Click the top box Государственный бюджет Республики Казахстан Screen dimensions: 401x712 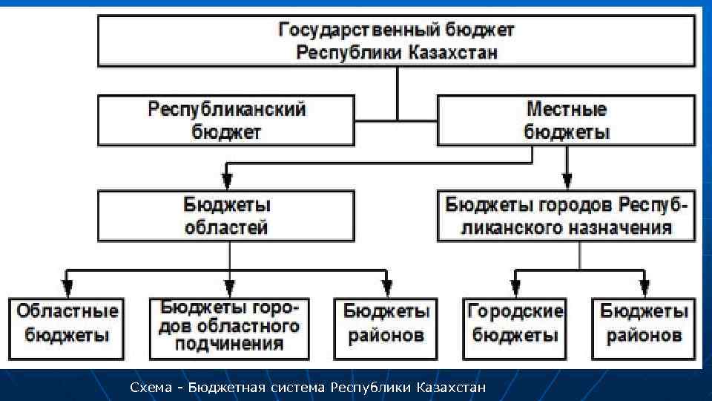click(x=397, y=42)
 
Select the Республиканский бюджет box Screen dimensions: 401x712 click(x=226, y=120)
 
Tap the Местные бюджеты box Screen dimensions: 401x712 click(x=567, y=120)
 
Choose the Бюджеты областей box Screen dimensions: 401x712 click(x=226, y=215)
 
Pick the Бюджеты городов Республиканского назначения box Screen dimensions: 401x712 click(x=567, y=215)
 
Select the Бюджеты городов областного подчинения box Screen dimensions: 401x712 click(x=229, y=326)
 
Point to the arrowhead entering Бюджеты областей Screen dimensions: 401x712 click(x=227, y=180)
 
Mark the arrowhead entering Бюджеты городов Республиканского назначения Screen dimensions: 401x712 click(x=567, y=180)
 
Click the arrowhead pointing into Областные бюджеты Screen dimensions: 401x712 click(x=67, y=286)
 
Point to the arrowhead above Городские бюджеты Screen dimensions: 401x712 click(x=514, y=286)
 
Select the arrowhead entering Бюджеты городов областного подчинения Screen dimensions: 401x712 click(x=230, y=286)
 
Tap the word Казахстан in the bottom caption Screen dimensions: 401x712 click(x=451, y=388)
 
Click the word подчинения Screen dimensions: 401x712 click(x=229, y=344)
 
